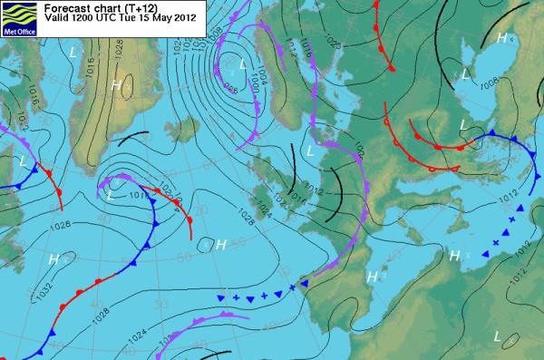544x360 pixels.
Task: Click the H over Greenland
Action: click(116, 85)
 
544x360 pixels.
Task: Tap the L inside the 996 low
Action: click(244, 63)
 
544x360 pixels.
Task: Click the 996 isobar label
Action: click(232, 88)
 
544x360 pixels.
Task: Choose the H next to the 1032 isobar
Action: click(54, 260)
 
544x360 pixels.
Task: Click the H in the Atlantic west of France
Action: click(220, 245)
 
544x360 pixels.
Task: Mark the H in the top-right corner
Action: click(501, 37)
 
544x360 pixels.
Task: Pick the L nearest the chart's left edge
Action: click(23, 161)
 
